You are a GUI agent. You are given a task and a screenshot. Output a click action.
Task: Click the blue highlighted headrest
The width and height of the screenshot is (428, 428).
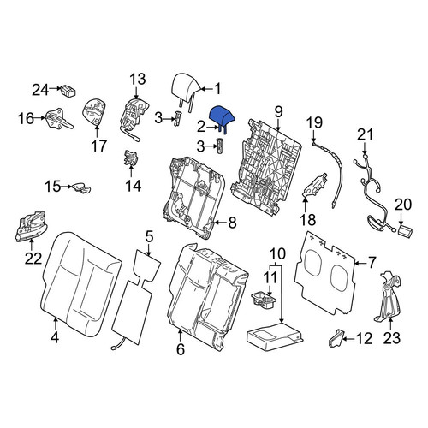[x=222, y=117]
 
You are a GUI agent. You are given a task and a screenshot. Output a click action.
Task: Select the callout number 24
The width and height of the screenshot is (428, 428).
[x=40, y=90]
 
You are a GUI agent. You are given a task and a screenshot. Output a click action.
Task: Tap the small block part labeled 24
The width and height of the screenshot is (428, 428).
[x=68, y=91]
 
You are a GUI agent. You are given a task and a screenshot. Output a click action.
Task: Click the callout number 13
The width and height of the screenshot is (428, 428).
[x=138, y=80]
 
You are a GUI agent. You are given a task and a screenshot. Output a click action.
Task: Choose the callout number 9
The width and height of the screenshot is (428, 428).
[x=278, y=112]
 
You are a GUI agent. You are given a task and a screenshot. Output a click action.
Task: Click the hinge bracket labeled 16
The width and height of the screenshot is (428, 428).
[x=59, y=118]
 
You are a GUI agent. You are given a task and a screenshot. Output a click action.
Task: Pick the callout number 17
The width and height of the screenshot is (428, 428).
[x=98, y=146]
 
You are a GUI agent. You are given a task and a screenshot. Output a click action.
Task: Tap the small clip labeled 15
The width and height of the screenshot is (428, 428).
[x=81, y=187]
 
